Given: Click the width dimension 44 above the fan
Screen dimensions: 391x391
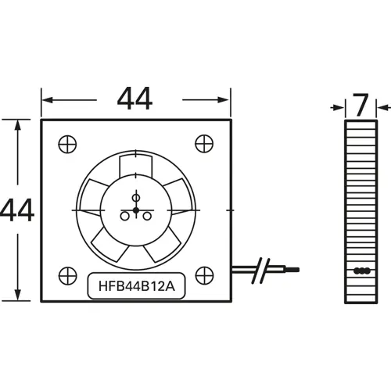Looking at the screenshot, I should point(135,99).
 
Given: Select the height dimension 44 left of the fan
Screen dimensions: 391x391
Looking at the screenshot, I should point(16,210).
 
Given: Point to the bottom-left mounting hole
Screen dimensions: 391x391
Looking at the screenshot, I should point(67,276).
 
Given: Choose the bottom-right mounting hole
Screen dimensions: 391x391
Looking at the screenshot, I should point(205,275).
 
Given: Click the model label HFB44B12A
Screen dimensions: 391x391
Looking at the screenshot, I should point(136,286).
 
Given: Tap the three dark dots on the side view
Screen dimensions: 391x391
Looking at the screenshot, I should point(361,271).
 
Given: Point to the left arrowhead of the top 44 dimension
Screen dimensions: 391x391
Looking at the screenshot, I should point(46,100).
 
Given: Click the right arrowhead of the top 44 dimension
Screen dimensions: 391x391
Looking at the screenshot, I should point(227,100).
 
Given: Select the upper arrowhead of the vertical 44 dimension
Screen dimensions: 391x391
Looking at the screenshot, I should point(16,124).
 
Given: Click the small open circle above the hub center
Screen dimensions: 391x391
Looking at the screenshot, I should point(136,195).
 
